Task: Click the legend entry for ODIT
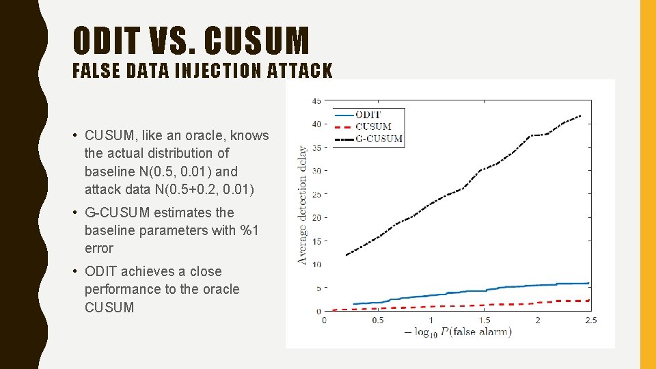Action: click(x=368, y=115)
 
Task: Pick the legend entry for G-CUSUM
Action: click(x=379, y=139)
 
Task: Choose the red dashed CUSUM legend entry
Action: click(x=373, y=126)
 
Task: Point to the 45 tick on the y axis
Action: click(x=316, y=100)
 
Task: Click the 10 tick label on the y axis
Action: click(x=316, y=264)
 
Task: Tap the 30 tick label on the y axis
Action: click(x=316, y=171)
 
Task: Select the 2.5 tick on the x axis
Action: click(x=590, y=320)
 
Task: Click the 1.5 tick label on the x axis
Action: click(x=484, y=320)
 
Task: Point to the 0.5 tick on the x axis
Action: click(x=377, y=320)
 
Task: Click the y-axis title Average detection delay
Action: click(x=302, y=204)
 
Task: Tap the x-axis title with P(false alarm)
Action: click(x=457, y=333)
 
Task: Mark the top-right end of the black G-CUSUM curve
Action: click(x=581, y=115)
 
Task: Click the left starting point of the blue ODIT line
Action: click(x=354, y=304)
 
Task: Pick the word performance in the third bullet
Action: click(x=124, y=289)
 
